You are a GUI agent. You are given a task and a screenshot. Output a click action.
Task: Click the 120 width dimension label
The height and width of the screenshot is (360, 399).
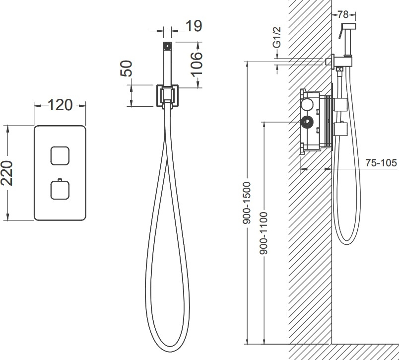click(60, 105)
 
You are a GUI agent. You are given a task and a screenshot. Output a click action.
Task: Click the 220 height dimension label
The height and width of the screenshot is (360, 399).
click(6, 173)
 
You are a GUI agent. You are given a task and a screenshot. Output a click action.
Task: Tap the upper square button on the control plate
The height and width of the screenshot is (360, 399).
click(60, 156)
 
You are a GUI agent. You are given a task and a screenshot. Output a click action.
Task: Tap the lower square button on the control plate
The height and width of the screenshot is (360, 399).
click(60, 190)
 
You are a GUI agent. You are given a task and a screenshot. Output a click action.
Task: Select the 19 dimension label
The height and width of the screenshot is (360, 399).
click(194, 26)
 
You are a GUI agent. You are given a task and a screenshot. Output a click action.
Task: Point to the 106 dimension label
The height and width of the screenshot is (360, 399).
click(197, 64)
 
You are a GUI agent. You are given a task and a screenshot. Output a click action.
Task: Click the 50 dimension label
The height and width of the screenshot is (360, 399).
click(126, 68)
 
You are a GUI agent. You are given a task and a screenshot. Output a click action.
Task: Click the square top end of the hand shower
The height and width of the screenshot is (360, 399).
click(167, 46)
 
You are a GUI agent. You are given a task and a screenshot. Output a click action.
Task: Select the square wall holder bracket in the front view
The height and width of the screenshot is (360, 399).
click(167, 96)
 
